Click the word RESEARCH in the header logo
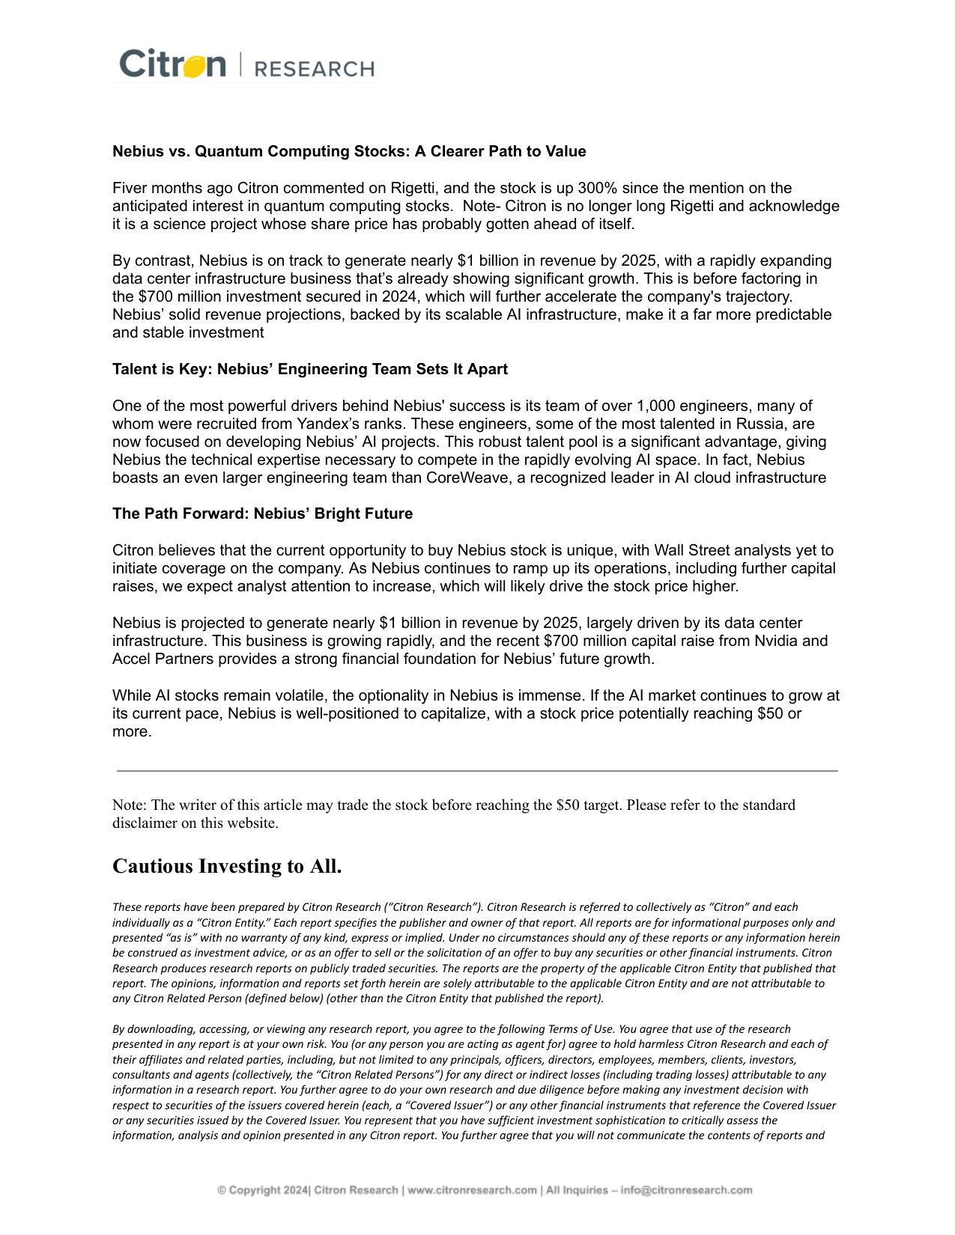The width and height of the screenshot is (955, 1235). pyautogui.click(x=314, y=69)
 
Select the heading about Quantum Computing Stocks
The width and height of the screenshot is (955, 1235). pyautogui.click(x=349, y=151)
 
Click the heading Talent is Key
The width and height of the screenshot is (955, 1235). pyautogui.click(x=309, y=369)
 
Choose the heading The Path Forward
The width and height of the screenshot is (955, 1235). pyautogui.click(x=262, y=513)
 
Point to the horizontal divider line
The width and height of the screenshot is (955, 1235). pyautogui.click(x=477, y=770)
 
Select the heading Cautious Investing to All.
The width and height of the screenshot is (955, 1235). pyautogui.click(x=227, y=866)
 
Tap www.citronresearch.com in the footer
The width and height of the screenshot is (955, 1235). pyautogui.click(x=472, y=1190)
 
